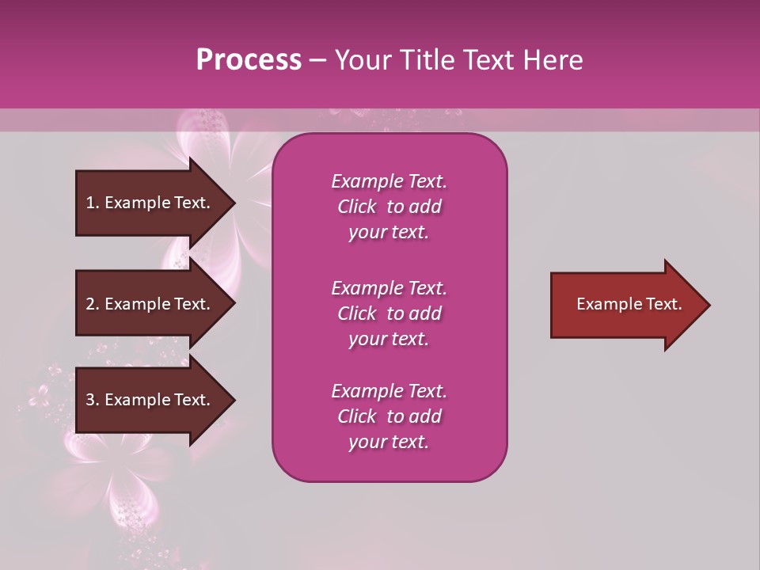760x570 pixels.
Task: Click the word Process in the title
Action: coord(249,60)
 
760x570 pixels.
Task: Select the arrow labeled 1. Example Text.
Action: coord(149,203)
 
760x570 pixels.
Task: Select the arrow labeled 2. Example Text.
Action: coord(149,304)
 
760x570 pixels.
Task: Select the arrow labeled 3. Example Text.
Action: coord(149,400)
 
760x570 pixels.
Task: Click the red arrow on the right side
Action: coord(625,305)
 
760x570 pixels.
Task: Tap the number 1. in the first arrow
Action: coord(93,203)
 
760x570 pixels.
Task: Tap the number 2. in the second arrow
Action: coord(93,304)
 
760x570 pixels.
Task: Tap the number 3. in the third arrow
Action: coord(93,400)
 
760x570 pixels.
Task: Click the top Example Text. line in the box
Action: coord(389,181)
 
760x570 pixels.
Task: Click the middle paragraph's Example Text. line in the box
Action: coord(389,288)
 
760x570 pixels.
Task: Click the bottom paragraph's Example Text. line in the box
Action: coord(389,391)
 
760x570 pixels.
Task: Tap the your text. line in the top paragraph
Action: coord(389,233)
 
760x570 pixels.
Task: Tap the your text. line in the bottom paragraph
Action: coord(389,443)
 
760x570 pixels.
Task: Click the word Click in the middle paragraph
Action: coord(357,313)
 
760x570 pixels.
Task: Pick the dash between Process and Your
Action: coord(317,60)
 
